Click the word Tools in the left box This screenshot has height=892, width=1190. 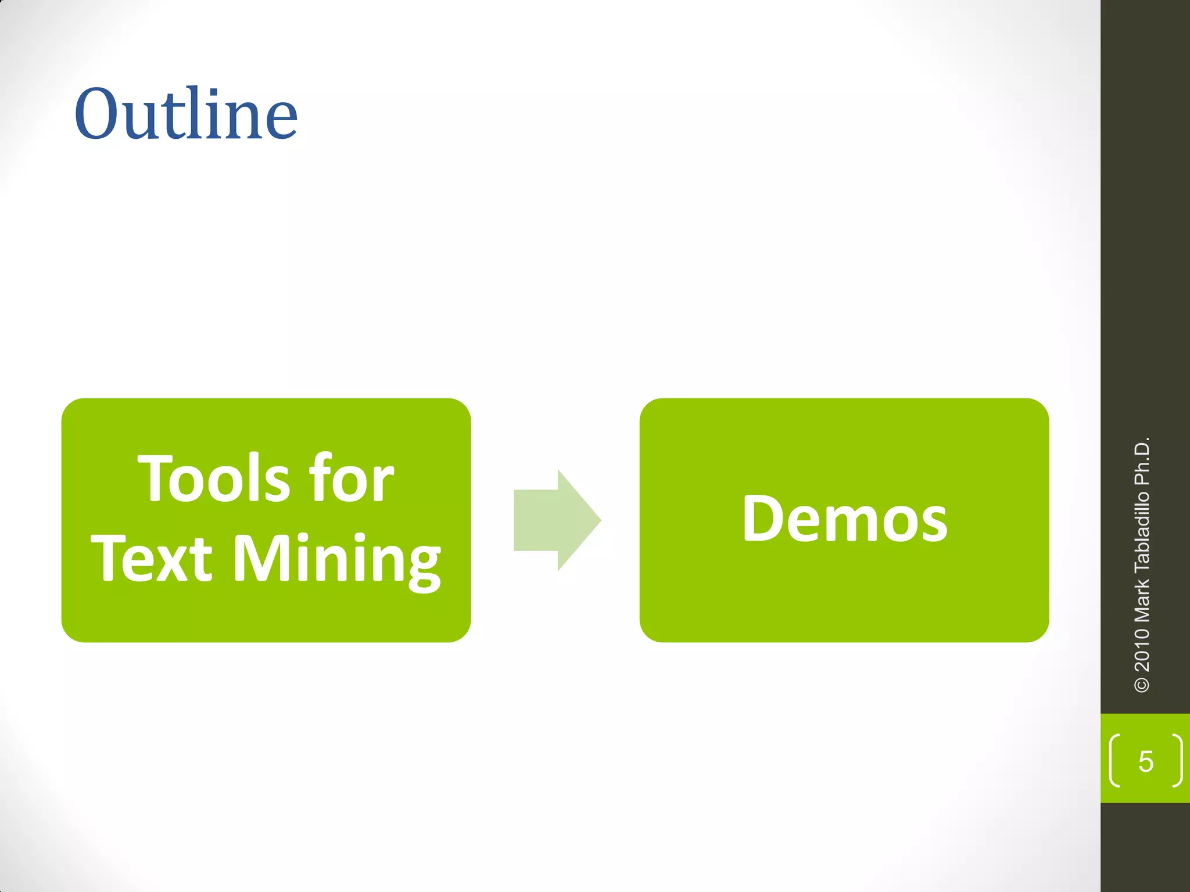click(213, 479)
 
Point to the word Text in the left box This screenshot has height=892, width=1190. click(152, 558)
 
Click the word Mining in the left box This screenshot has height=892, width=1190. click(337, 559)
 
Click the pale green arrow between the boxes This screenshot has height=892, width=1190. click(557, 520)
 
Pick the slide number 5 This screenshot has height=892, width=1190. click(1145, 761)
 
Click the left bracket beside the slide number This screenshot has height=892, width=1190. click(1114, 761)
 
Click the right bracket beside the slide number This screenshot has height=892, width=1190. click(1177, 761)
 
